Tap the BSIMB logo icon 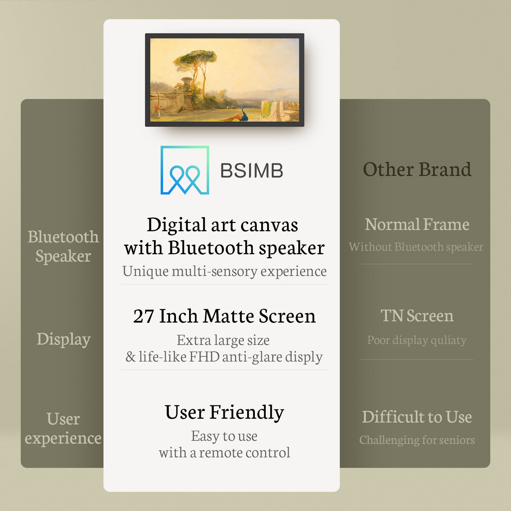[x=185, y=170]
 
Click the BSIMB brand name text [x=252, y=171]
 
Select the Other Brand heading [x=417, y=169]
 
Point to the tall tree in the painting [x=195, y=73]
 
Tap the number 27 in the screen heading [x=144, y=316]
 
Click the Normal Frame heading [x=417, y=224]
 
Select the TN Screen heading [x=417, y=316]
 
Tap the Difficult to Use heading [x=417, y=417]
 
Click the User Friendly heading [x=225, y=412]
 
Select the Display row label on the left [x=64, y=339]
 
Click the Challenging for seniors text [x=417, y=440]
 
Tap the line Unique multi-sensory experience [x=225, y=271]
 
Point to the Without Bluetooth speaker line [x=416, y=247]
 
